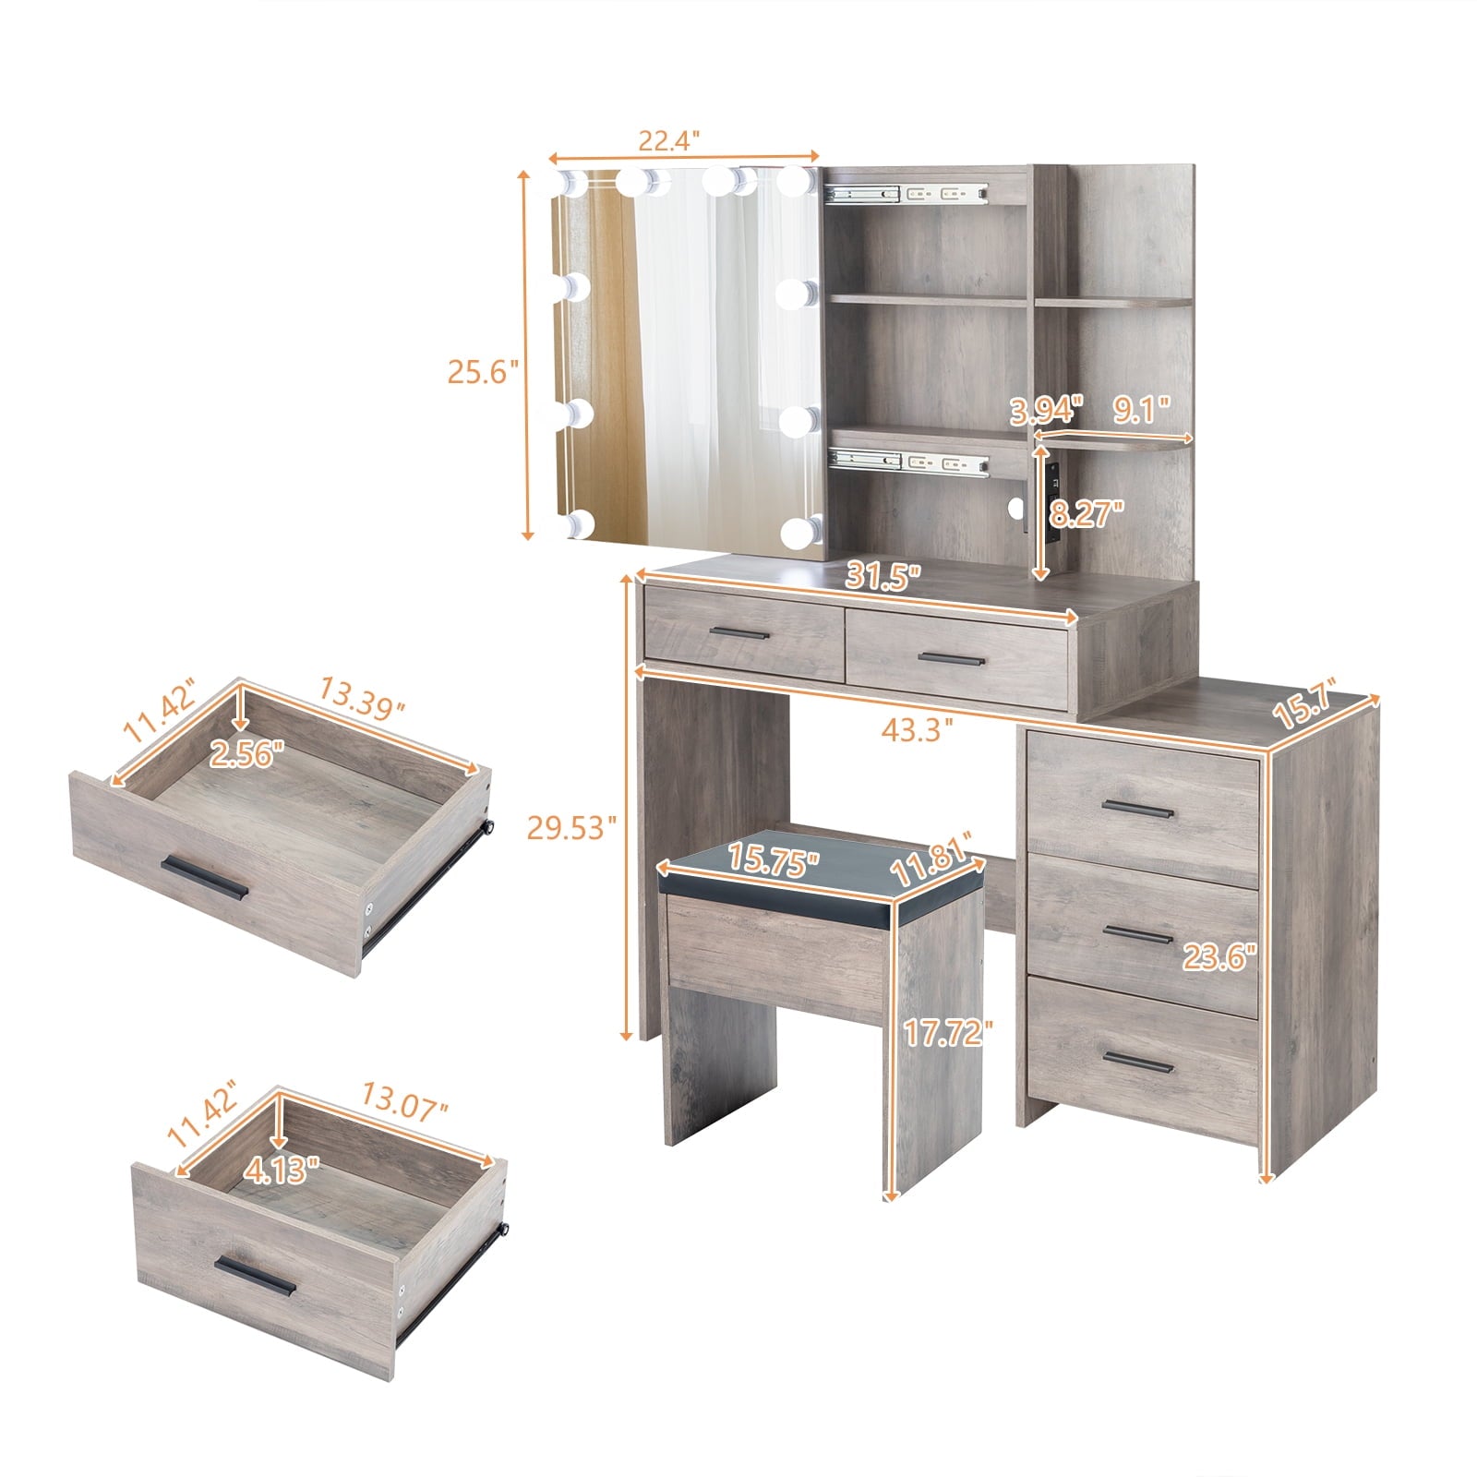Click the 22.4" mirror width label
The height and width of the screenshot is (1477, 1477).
(669, 140)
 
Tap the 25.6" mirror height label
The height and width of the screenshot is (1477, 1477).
(477, 372)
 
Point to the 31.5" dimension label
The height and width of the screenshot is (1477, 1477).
(883, 578)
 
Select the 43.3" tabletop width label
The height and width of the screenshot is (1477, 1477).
(917, 730)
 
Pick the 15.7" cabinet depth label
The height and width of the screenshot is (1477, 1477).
(1303, 707)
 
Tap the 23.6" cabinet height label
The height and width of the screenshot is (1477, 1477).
(1220, 957)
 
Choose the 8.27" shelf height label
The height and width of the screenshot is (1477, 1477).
(1087, 513)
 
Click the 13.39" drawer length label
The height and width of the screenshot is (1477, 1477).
(363, 698)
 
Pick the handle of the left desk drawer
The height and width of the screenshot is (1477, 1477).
(739, 633)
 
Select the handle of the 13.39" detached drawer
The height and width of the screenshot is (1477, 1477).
(204, 878)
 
